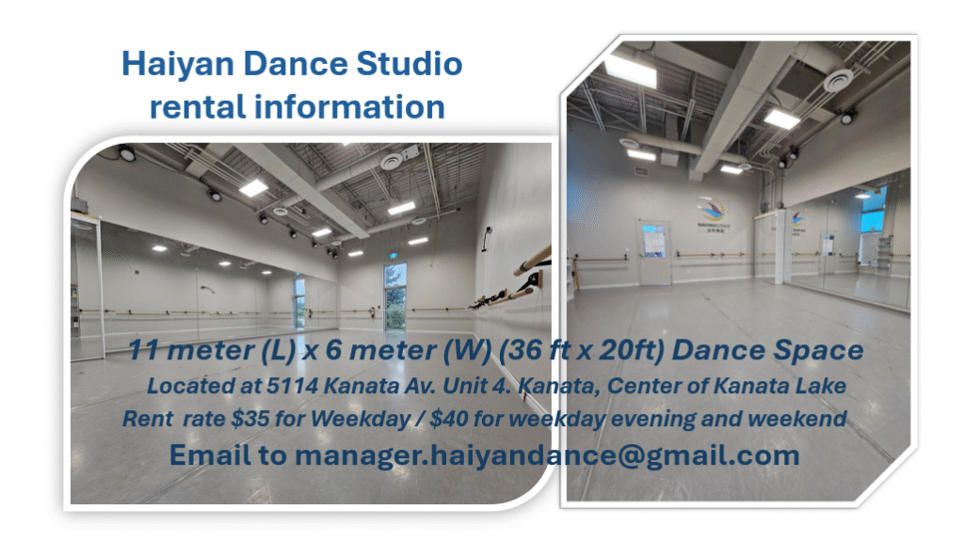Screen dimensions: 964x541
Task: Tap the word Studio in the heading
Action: (410, 63)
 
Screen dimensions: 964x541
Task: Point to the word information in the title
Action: (349, 106)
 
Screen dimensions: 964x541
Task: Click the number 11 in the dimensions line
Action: (144, 350)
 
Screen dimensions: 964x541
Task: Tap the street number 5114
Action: (292, 386)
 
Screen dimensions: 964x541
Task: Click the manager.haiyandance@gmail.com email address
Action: (547, 455)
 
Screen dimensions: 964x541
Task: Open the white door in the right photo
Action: (653, 252)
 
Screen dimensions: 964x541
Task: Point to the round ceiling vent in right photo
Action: (838, 80)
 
